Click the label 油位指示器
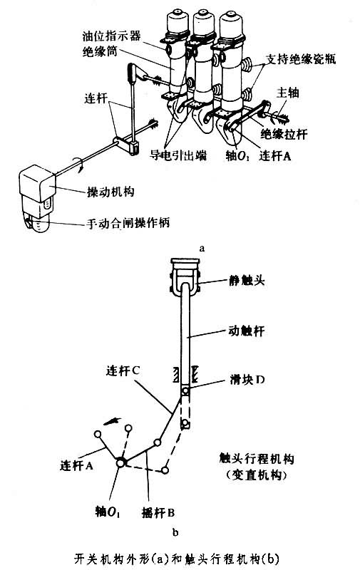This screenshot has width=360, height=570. click(111, 36)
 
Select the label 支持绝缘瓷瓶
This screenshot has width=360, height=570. click(300, 59)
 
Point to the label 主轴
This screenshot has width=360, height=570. click(288, 93)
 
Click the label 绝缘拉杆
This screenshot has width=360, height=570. click(284, 135)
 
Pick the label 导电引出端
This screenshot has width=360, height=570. click(178, 155)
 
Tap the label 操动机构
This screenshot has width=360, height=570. click(110, 192)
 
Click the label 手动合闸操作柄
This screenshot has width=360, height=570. click(128, 223)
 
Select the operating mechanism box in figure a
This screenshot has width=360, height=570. click(38, 198)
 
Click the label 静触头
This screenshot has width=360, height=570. click(247, 280)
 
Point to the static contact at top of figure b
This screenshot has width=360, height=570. click(185, 276)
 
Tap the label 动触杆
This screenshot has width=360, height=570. click(246, 331)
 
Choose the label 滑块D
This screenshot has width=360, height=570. click(247, 380)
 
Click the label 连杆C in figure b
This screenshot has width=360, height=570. click(123, 370)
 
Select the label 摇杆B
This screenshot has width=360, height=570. click(158, 512)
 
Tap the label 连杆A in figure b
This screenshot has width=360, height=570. click(76, 465)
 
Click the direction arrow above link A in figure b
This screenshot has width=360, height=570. click(113, 421)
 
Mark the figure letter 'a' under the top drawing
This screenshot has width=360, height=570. click(202, 249)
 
